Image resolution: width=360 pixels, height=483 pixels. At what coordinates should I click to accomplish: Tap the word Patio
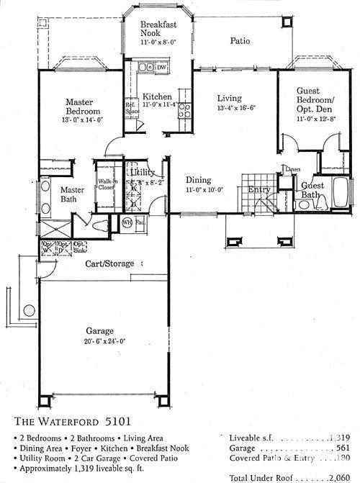[239, 42]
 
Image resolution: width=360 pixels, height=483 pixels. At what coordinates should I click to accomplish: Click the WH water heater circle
[127, 222]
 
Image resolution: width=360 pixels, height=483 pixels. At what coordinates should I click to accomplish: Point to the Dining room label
[199, 180]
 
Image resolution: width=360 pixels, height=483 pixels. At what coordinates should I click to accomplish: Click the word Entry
[258, 190]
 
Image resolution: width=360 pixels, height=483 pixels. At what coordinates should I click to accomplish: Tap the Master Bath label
[72, 194]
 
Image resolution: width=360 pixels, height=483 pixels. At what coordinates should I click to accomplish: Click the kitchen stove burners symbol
[184, 110]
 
